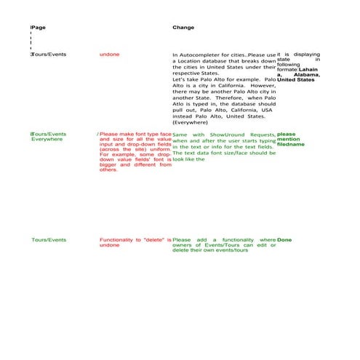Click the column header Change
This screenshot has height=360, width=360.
[x=183, y=27]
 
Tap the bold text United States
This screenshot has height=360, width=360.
[x=296, y=80]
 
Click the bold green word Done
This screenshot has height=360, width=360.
[x=284, y=239]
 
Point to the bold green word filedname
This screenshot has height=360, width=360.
[x=291, y=144]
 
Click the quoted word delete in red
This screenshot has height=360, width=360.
[x=153, y=239]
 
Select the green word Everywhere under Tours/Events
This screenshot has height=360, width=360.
[x=47, y=139]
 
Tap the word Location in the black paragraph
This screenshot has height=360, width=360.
[x=193, y=63]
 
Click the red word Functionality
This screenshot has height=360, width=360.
[x=120, y=239]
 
